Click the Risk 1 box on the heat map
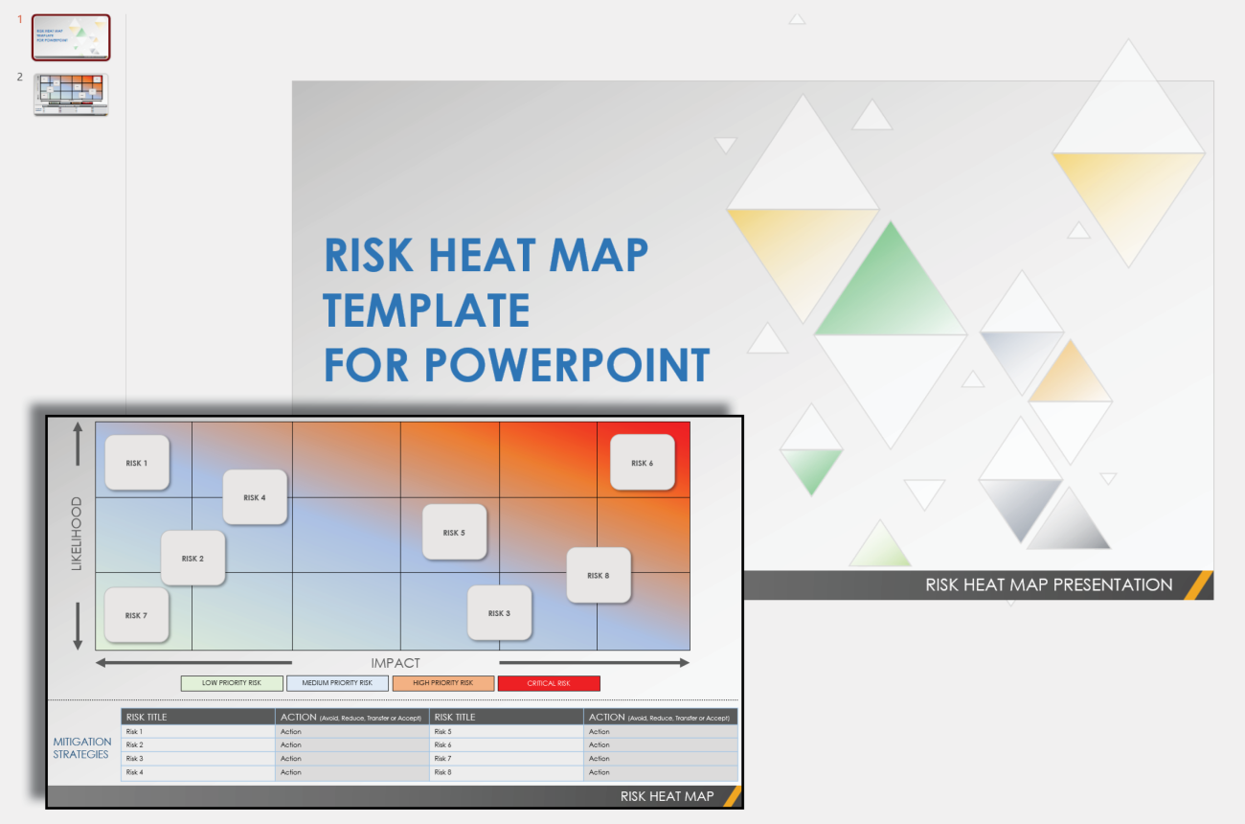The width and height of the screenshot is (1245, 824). pyautogui.click(x=137, y=463)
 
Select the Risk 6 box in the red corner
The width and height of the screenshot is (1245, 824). pyautogui.click(x=643, y=463)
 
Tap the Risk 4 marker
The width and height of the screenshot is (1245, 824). pyautogui.click(x=255, y=497)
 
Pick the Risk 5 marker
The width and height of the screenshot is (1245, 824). pyautogui.click(x=455, y=532)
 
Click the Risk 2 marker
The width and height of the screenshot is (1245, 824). pyautogui.click(x=192, y=559)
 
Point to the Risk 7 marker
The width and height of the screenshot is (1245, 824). pyautogui.click(x=137, y=615)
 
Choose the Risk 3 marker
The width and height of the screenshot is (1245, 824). pyautogui.click(x=499, y=613)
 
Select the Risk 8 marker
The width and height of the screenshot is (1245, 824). pyautogui.click(x=599, y=575)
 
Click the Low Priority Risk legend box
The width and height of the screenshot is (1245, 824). pyautogui.click(x=232, y=683)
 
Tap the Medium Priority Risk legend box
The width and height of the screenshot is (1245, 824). pyautogui.click(x=337, y=683)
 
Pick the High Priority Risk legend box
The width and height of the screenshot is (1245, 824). pyautogui.click(x=442, y=683)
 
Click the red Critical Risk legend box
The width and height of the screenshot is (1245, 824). pyautogui.click(x=549, y=683)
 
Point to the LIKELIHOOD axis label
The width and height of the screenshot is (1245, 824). pyautogui.click(x=77, y=534)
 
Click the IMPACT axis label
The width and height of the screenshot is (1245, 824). pyautogui.click(x=396, y=663)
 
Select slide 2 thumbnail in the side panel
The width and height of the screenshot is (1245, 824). pyautogui.click(x=71, y=95)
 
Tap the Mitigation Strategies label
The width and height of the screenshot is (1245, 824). pyautogui.click(x=82, y=747)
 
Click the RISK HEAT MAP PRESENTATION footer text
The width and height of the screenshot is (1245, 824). pyautogui.click(x=1049, y=584)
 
